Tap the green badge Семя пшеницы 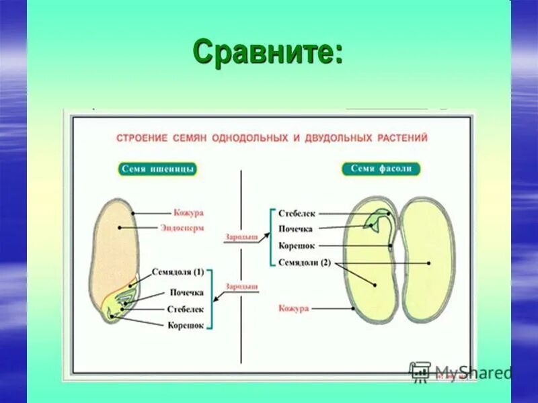click(x=158, y=169)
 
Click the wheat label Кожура click(x=188, y=213)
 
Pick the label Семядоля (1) click(x=178, y=272)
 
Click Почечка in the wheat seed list click(x=186, y=293)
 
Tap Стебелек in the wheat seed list click(x=185, y=309)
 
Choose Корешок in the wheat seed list click(x=185, y=325)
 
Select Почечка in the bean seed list click(x=296, y=229)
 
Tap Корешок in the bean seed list click(x=297, y=246)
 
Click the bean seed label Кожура click(x=293, y=308)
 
